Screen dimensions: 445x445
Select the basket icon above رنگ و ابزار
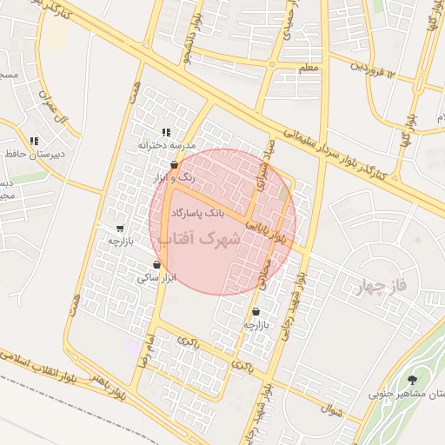[x=175, y=164]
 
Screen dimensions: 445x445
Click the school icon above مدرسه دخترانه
[x=165, y=132]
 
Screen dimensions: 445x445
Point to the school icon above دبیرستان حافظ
[x=34, y=141]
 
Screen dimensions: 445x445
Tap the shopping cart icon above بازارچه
[x=119, y=229]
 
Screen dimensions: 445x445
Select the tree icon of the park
[x=412, y=380]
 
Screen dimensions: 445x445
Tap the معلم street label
[x=309, y=67]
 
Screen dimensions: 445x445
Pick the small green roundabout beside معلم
[x=272, y=63]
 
